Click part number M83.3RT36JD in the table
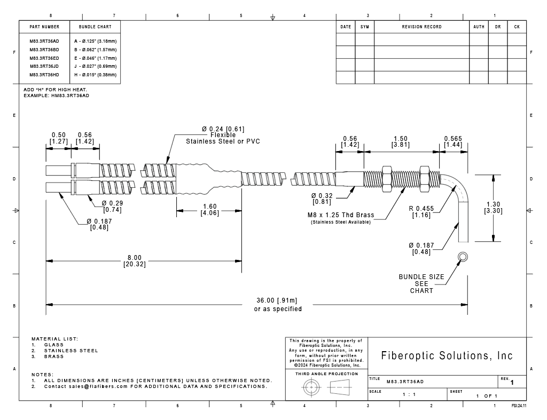[44, 66]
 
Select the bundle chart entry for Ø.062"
[95, 50]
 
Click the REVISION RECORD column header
[422, 27]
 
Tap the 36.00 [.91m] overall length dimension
[277, 300]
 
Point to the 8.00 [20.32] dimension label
[135, 261]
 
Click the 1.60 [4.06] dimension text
[209, 210]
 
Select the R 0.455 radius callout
[421, 211]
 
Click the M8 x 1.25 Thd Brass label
[341, 215]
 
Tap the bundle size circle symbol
[463, 257]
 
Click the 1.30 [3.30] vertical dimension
[493, 208]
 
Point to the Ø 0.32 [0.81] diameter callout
[322, 199]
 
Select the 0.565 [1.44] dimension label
[453, 141]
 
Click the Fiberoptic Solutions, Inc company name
[447, 355]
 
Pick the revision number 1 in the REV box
[512, 383]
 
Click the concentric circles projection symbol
[311, 387]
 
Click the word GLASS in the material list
[54, 345]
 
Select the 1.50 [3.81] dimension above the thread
[401, 141]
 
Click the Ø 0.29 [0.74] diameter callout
[112, 207]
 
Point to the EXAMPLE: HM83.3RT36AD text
[56, 96]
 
